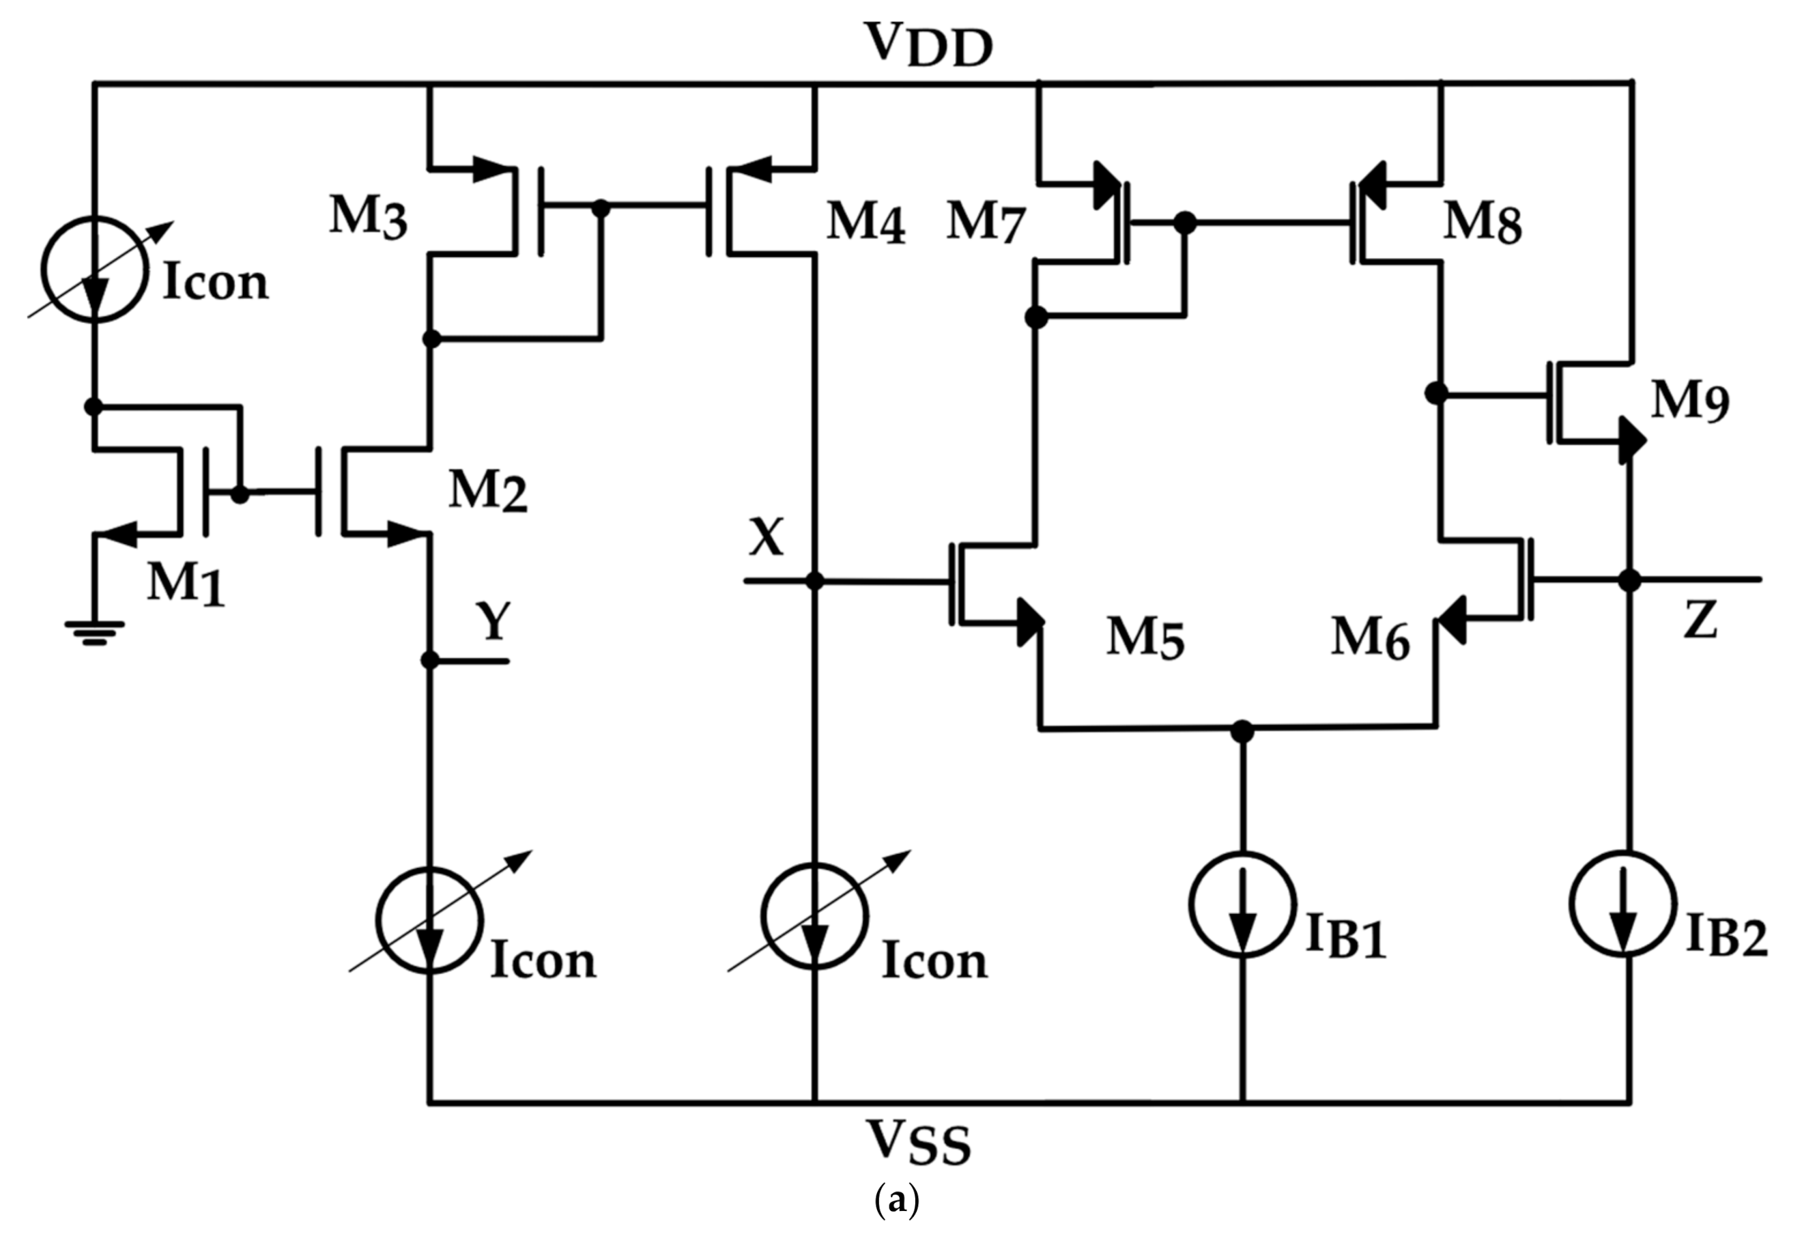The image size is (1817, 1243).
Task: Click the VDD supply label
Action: [928, 44]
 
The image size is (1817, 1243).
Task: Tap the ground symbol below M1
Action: [94, 631]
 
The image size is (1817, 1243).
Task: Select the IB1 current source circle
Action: [1242, 904]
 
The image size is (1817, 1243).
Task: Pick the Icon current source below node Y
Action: [429, 920]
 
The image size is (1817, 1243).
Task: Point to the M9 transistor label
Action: [1689, 403]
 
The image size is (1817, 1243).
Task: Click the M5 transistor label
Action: [1145, 637]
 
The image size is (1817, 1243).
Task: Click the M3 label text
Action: [367, 216]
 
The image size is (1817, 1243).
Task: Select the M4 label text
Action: [865, 223]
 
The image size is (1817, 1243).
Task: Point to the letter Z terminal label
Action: [1699, 621]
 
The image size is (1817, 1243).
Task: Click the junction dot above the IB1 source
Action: [1242, 731]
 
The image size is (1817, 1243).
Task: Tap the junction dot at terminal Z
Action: [1629, 581]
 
